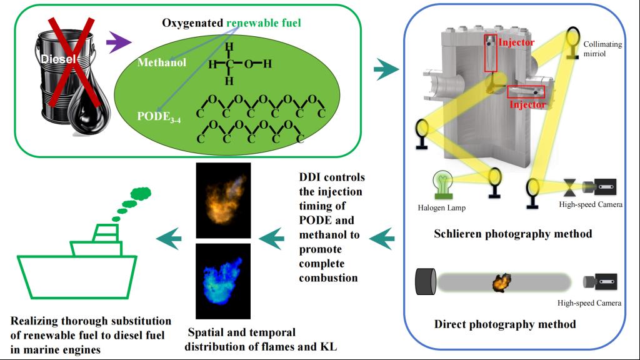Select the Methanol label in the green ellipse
point(162,62)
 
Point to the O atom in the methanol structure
point(249,64)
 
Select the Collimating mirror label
point(602,49)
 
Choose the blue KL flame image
point(223,281)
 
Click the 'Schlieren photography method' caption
point(512,234)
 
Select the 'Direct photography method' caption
point(505,324)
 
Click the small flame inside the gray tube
point(501,282)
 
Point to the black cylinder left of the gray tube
point(426,282)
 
